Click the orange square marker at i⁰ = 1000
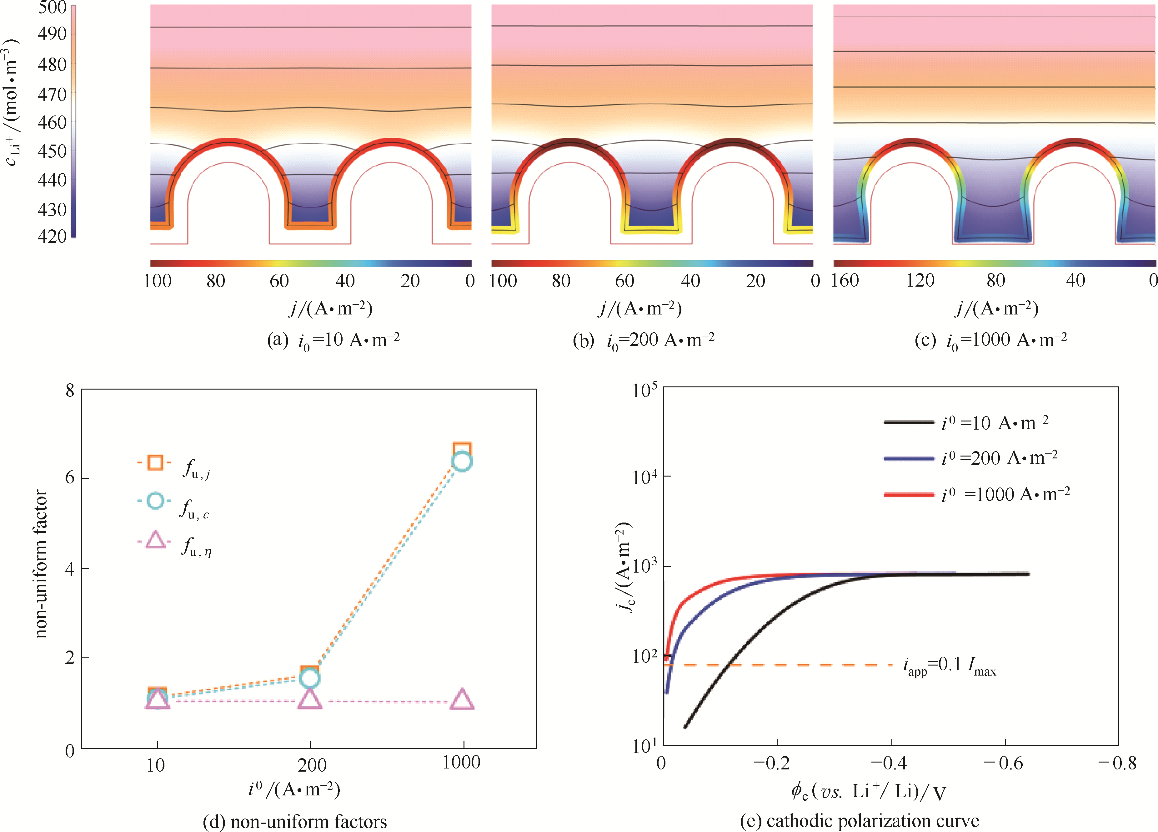point(462,450)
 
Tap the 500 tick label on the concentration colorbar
point(53,8)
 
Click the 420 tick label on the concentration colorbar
point(53,237)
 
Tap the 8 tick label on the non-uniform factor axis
point(70,391)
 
